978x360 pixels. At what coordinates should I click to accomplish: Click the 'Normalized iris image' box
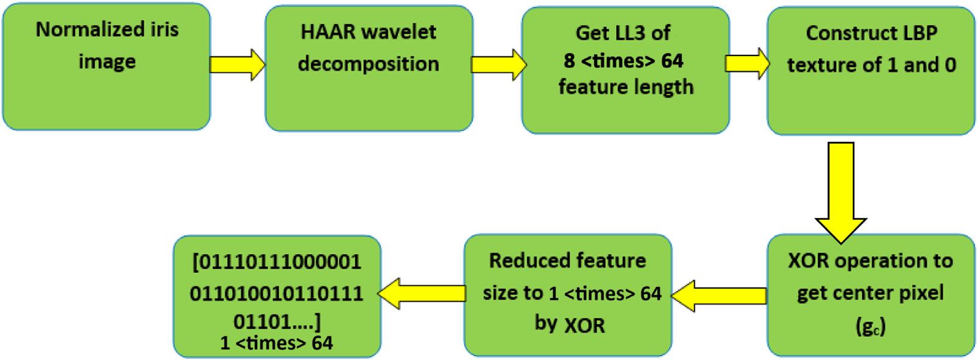[x=107, y=67]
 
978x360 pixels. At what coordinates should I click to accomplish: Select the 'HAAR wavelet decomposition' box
[x=369, y=68]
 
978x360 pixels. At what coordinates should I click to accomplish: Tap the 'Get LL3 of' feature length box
[x=625, y=69]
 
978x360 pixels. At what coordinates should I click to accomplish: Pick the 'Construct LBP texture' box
[x=871, y=70]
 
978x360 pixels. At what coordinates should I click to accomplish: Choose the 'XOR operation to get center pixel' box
[x=871, y=295]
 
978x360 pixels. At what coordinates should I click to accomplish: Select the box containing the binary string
[x=277, y=296]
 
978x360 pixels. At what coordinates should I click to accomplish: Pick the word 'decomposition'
[x=369, y=63]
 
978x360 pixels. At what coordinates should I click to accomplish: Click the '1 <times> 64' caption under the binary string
[x=277, y=343]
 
